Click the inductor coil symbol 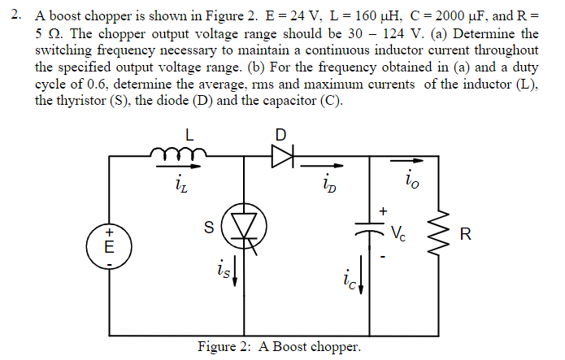(x=177, y=152)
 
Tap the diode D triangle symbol (x=281, y=157)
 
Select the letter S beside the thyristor (x=209, y=230)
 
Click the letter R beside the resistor (x=464, y=236)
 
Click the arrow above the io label (x=414, y=172)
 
